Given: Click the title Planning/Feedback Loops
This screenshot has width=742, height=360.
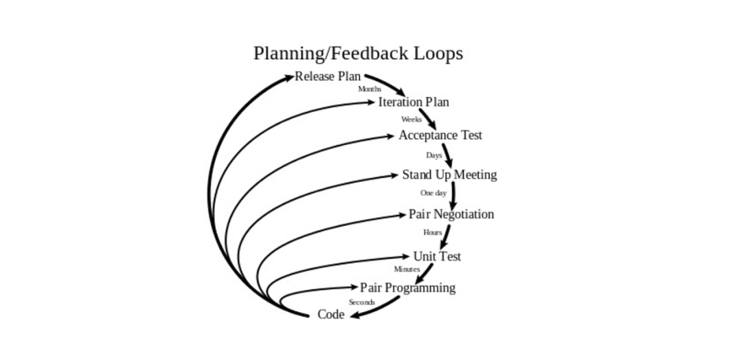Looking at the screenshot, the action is [358, 54].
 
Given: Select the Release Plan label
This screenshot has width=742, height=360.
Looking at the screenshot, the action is [328, 76].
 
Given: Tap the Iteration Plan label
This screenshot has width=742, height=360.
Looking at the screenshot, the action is [414, 102].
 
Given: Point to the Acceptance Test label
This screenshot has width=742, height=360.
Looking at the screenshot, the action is [440, 135].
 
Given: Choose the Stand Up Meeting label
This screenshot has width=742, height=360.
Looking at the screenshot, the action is [449, 175].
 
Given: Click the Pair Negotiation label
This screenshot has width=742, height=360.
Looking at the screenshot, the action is [451, 214].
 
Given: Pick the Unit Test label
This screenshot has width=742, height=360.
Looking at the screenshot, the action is [437, 256].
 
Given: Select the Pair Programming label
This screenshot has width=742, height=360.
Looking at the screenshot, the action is [407, 288].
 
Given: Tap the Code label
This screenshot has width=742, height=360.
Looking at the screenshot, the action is [330, 315].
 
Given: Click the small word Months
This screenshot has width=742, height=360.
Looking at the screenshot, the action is [370, 89].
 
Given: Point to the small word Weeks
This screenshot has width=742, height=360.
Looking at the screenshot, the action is [412, 120].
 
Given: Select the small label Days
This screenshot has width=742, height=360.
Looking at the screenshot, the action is [434, 155].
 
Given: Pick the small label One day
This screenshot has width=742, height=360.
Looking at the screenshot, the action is [433, 193].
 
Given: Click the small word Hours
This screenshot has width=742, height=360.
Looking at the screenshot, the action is [433, 232].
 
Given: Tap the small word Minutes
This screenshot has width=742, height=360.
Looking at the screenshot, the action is [407, 269].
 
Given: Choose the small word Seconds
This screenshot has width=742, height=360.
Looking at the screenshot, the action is [361, 302].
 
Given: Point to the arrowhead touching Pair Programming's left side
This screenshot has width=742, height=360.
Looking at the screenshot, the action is [353, 286].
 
